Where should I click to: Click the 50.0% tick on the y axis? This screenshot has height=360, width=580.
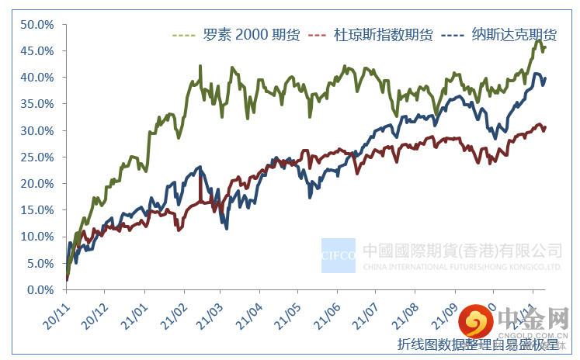(37, 24)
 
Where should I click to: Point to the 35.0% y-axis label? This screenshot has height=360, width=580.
(37, 104)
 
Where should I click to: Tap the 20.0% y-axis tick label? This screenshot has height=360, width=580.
(37, 184)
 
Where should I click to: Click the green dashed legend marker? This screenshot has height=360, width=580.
(184, 36)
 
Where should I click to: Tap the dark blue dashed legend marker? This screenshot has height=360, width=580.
(452, 36)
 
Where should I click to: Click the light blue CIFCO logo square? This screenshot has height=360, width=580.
(339, 255)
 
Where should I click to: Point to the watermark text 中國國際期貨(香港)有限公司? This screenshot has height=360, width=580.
(462, 251)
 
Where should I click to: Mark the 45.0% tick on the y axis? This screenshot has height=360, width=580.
(37, 50)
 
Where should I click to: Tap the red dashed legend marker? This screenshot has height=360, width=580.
(320, 36)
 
